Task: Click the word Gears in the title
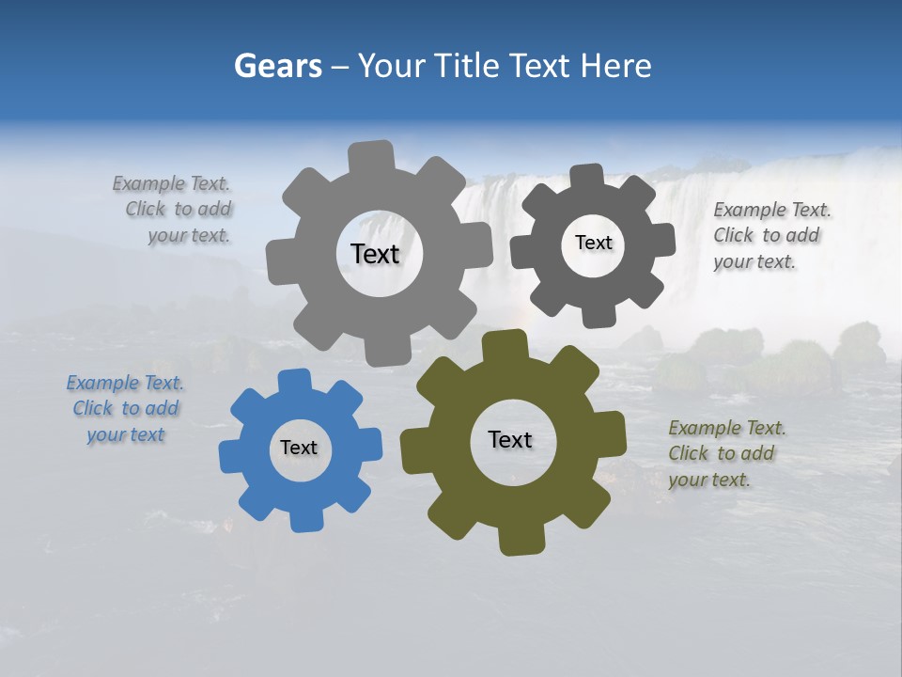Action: (x=278, y=66)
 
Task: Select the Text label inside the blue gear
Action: (x=299, y=449)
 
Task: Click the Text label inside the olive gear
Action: (x=510, y=440)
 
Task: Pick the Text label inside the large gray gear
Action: (x=375, y=254)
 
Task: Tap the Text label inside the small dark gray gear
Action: (x=593, y=243)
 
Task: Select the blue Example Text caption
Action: (x=125, y=409)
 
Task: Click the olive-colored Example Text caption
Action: (x=726, y=454)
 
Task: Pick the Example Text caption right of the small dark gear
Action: (x=770, y=236)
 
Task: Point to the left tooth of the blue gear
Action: (x=231, y=456)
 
